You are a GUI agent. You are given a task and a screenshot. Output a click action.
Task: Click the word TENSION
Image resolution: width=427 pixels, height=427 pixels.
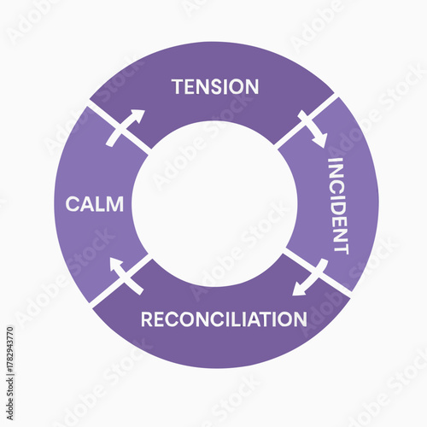point(215,86)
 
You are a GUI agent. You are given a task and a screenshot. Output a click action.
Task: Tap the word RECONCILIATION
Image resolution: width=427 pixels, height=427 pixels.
point(224,319)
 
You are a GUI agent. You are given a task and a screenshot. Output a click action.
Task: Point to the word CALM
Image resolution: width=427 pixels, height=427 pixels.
point(95,205)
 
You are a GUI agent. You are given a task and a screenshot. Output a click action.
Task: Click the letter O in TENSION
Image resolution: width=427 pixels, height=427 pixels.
point(237,86)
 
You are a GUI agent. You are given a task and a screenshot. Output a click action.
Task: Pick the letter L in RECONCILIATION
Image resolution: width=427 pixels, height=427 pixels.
point(237,319)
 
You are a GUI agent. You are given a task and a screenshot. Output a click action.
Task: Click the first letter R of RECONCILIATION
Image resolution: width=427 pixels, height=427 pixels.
point(147,319)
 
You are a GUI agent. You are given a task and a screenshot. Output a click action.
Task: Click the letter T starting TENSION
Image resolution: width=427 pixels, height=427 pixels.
point(178,86)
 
